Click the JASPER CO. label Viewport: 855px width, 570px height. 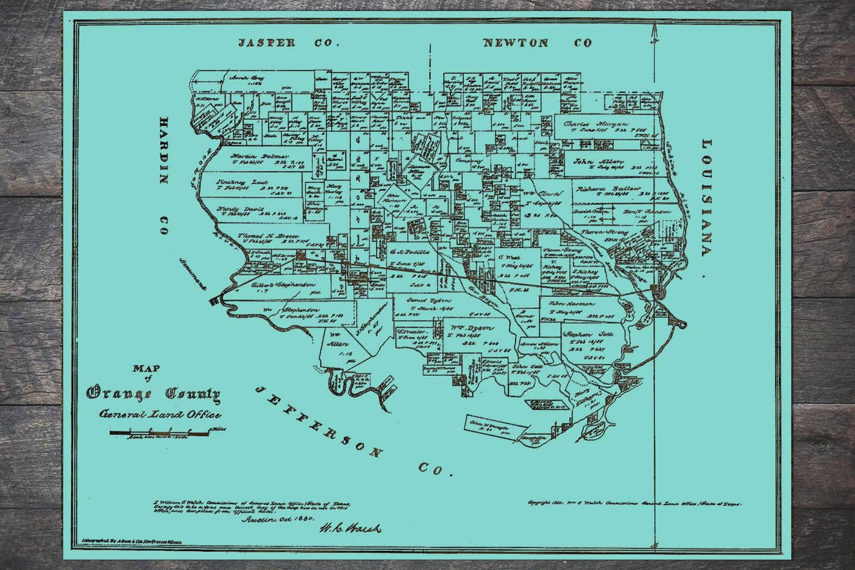(x=288, y=43)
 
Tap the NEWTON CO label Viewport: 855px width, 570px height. (x=537, y=43)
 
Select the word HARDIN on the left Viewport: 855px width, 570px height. (x=163, y=150)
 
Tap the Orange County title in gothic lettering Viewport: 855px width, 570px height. (x=154, y=394)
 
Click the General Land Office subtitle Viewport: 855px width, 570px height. (x=160, y=414)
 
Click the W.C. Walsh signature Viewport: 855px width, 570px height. (x=350, y=527)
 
